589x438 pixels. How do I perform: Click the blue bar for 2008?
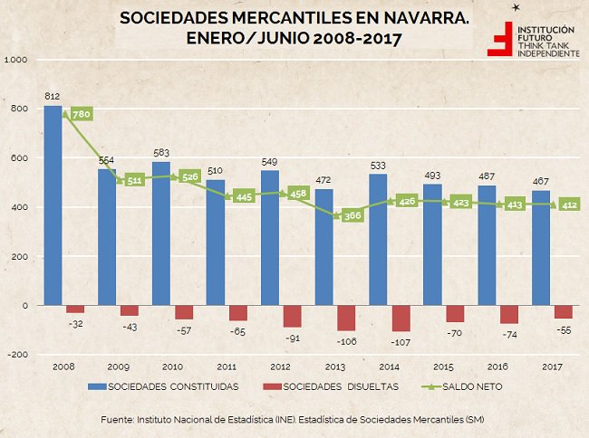pyautogui.click(x=53, y=205)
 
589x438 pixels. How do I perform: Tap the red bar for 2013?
pyautogui.click(x=346, y=319)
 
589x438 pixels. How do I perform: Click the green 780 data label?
pyautogui.click(x=82, y=114)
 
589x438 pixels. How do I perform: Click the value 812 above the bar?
pyautogui.click(x=53, y=96)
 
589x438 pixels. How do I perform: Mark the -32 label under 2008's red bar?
pyautogui.click(x=77, y=322)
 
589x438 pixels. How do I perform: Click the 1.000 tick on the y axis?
pyautogui.click(x=15, y=60)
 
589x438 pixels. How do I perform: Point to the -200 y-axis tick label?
pyautogui.click(x=15, y=355)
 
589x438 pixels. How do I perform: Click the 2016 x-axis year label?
pyautogui.click(x=497, y=368)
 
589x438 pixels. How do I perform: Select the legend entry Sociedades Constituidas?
pyautogui.click(x=167, y=387)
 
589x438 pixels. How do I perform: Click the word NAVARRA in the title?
pyautogui.click(x=425, y=18)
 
